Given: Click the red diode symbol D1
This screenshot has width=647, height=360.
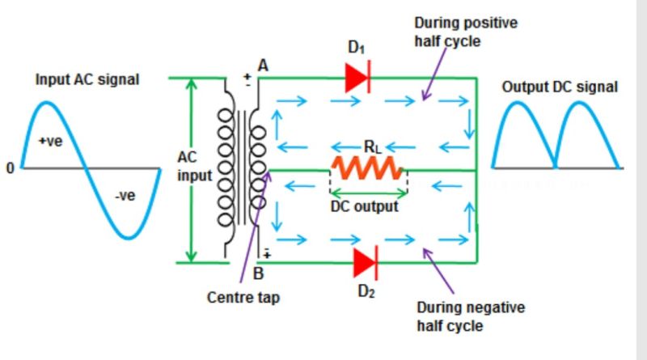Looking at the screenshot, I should [357, 78].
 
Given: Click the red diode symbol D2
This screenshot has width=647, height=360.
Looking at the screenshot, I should [365, 262].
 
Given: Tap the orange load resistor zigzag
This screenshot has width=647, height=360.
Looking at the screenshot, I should [366, 168].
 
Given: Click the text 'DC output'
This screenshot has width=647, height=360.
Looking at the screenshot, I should [365, 206].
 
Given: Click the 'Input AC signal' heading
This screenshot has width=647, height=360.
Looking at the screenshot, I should [87, 79].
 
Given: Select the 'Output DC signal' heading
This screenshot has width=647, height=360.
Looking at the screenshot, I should [560, 87].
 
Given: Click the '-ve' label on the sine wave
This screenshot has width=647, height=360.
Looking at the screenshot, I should [124, 196].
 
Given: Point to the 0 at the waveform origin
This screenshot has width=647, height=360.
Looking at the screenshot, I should [10, 168].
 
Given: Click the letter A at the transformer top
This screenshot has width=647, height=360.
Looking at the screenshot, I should [262, 64].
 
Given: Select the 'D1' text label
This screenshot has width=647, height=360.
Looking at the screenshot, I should [357, 49].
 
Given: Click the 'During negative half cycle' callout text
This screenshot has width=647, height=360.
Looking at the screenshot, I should [471, 316].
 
